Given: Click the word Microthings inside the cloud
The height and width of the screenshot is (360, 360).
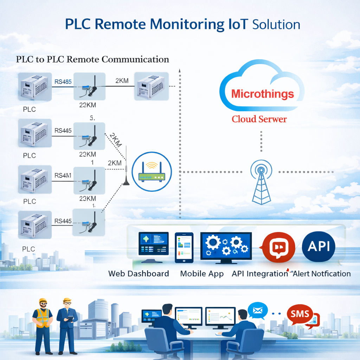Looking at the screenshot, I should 263,94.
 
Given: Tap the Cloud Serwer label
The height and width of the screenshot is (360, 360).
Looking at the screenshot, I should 259,119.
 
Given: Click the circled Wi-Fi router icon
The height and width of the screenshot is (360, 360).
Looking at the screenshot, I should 152,172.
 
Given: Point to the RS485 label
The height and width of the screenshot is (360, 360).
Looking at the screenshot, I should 63,82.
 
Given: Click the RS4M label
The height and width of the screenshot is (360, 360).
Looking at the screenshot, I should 63,176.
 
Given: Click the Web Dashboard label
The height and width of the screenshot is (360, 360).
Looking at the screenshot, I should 139,274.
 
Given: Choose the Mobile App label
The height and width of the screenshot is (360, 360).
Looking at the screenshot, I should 202,274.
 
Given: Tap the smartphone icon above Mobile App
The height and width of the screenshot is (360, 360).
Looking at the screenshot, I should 184,247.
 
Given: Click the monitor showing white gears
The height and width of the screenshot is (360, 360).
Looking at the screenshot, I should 226,246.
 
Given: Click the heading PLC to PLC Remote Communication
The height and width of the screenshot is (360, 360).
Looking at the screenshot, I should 92,59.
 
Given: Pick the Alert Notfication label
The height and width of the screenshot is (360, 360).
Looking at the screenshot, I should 322,274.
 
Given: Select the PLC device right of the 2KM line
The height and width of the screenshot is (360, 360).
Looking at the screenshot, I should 150,86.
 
